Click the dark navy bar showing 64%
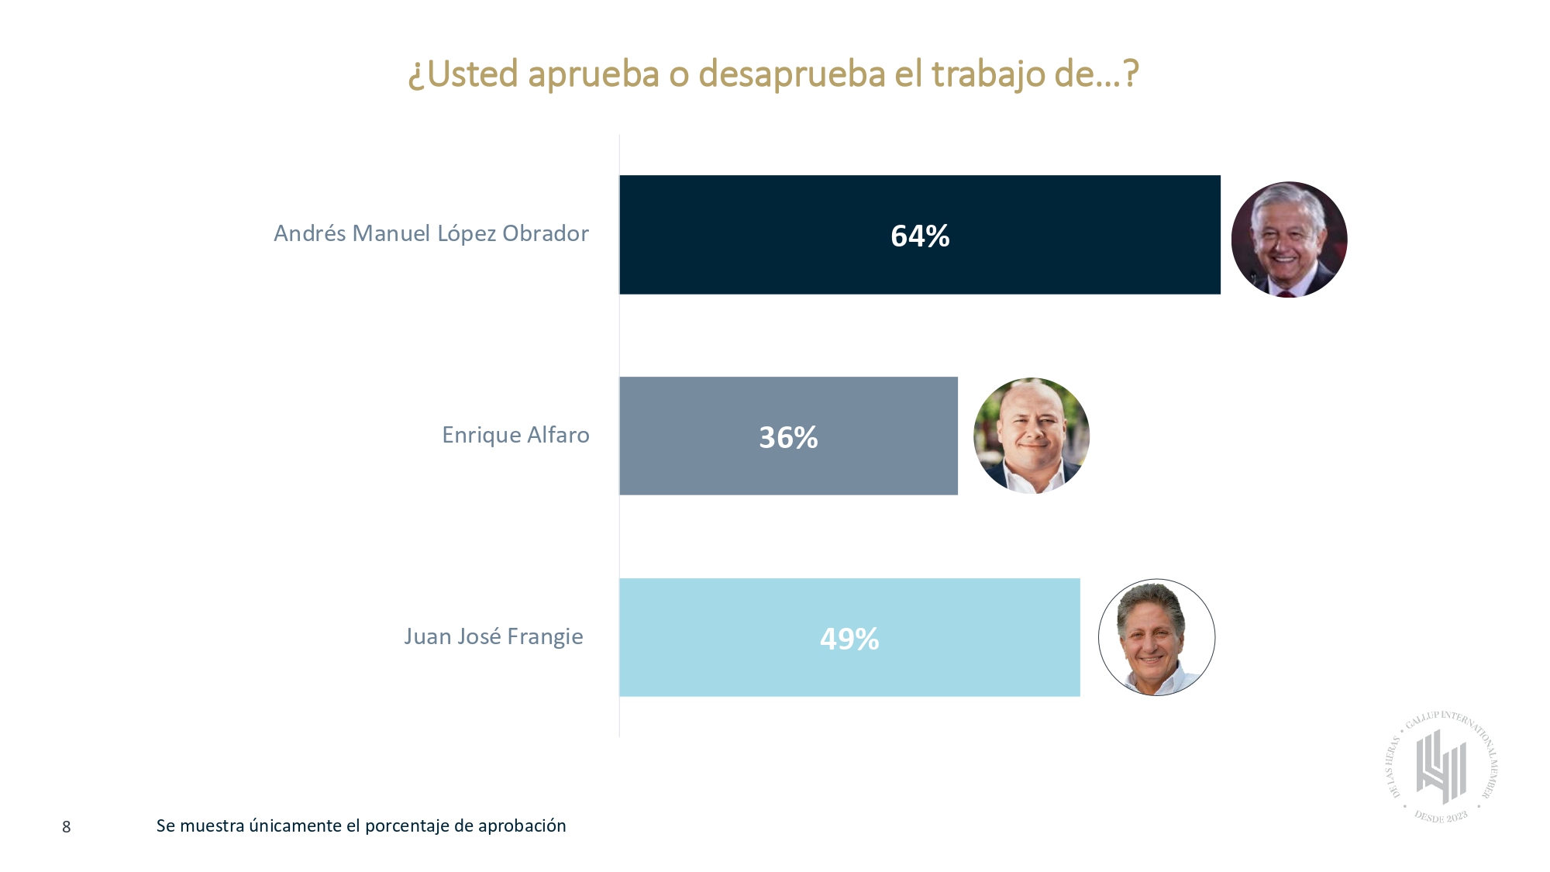pos(775,235)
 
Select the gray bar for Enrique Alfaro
pos(697,436)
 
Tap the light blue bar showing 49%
pos(736,638)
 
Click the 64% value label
pos(920,236)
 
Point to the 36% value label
pos(788,437)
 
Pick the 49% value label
pos(849,639)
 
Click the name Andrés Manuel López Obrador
pos(431,233)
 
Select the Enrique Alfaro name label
pos(515,435)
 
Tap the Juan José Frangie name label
pos(494,636)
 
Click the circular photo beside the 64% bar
pos(1289,240)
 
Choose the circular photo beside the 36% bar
pos(1032,436)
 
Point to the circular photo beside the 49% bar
pos(1156,637)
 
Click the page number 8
pos(67,827)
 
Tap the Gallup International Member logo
pos(1441,767)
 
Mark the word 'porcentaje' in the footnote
pos(406,826)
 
